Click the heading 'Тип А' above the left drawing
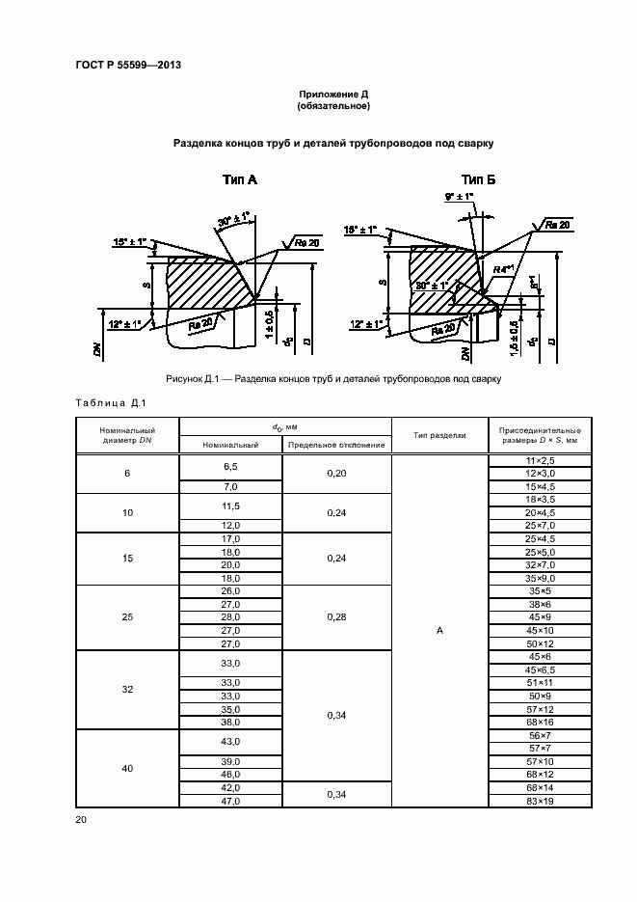[x=239, y=179]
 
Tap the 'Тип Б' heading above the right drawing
[x=478, y=179]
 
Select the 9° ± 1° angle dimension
[x=460, y=197]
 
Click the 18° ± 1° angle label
[x=361, y=230]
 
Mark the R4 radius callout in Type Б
[x=500, y=269]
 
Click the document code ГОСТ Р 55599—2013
[x=128, y=66]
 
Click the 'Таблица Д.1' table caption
[x=109, y=402]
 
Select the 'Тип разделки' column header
[x=439, y=435]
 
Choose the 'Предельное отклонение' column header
[x=336, y=445]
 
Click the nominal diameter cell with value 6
[x=127, y=474]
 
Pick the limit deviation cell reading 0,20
[x=336, y=474]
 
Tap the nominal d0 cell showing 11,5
[x=230, y=506]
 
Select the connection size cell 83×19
[x=539, y=801]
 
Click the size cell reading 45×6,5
[x=539, y=670]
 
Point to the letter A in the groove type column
[x=439, y=630]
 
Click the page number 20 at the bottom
[x=81, y=819]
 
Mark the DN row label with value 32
[x=127, y=690]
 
